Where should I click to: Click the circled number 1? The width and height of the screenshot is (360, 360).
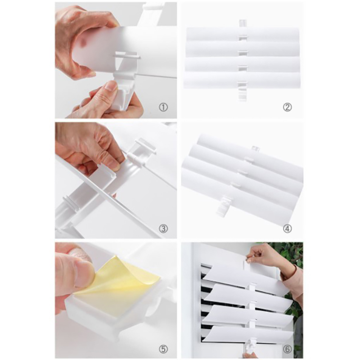(x=163, y=107)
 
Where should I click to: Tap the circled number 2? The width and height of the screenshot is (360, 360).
(x=288, y=107)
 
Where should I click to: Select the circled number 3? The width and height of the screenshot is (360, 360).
(x=163, y=229)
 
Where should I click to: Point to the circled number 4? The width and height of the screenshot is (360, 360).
(x=288, y=229)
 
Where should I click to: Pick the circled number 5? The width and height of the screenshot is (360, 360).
(x=163, y=349)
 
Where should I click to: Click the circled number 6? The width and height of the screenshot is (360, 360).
(x=288, y=349)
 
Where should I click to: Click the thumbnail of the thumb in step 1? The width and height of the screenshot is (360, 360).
(x=111, y=87)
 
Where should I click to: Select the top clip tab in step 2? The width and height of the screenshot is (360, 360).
(x=242, y=23)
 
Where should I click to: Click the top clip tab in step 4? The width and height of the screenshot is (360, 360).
(x=256, y=148)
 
